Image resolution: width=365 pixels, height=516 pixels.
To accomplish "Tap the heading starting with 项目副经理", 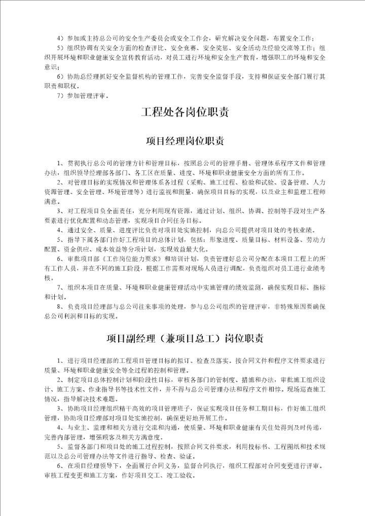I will click(x=184, y=338).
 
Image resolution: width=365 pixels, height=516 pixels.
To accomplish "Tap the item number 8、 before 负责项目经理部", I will click(x=61, y=307).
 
